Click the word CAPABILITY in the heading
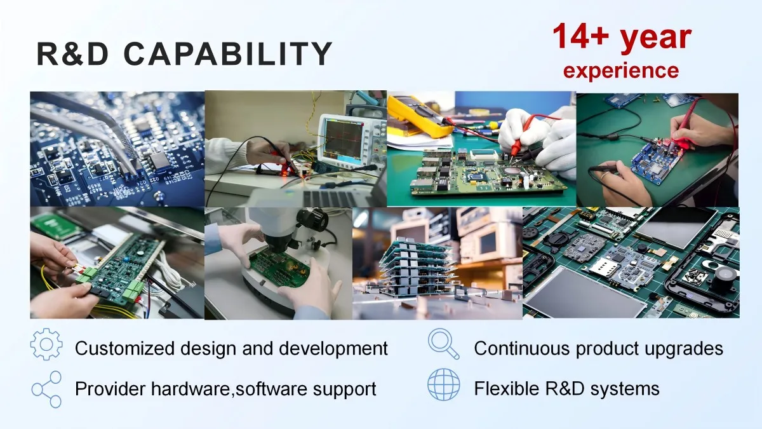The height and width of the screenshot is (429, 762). [x=227, y=54]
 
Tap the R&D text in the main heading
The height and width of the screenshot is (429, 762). [x=73, y=54]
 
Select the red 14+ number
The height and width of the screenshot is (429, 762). [x=580, y=36]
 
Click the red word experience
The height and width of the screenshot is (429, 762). [x=621, y=70]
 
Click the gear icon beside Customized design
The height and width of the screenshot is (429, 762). [x=46, y=344]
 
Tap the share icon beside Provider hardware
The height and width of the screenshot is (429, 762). [x=46, y=389]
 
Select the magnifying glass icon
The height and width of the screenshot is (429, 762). [x=443, y=344]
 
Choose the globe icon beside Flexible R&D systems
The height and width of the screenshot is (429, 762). [x=444, y=385]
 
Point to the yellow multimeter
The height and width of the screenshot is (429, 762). [x=421, y=116]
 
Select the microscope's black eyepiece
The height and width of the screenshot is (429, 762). [x=312, y=218]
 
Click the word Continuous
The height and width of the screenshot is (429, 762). [x=521, y=348]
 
